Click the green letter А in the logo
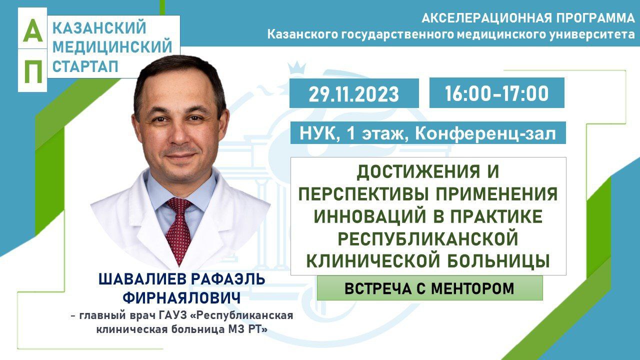coord(32,30)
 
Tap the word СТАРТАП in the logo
coord(85,66)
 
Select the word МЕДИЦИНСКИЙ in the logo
coord(112,47)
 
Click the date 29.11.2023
coord(353,94)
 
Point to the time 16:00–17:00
coord(496,93)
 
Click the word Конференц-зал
coord(485,133)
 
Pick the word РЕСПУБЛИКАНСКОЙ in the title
coord(428,239)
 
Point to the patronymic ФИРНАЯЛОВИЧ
coord(181,298)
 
